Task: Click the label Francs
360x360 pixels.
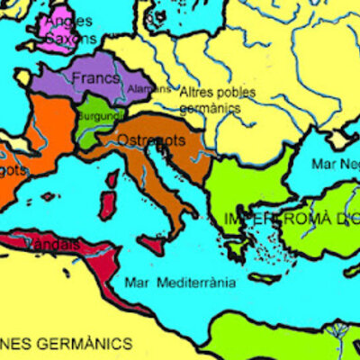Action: tap(94, 78)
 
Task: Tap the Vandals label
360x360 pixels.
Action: tap(53, 244)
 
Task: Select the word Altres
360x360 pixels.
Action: tap(197, 92)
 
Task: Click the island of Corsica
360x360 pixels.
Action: tap(112, 178)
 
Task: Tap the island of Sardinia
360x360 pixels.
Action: tap(109, 206)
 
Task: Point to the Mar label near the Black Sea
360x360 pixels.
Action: tap(322, 164)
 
